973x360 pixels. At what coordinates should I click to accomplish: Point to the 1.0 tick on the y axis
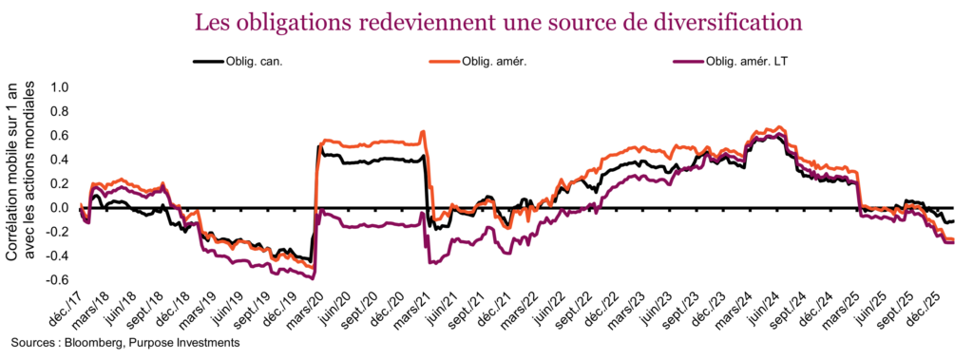(60, 87)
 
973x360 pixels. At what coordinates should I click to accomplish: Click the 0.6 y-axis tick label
(60, 136)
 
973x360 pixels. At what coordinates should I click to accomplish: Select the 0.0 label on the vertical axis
(60, 208)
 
